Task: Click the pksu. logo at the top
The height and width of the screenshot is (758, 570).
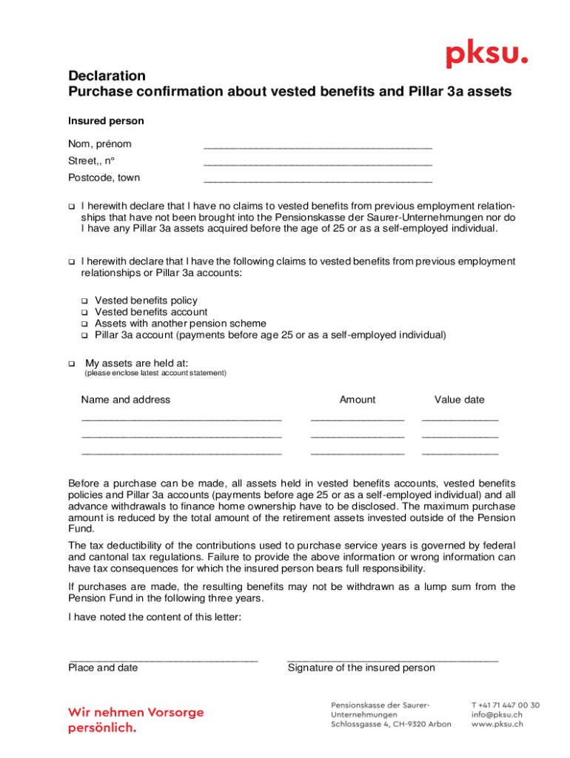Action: coord(486,56)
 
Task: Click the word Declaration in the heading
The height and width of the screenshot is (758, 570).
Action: coord(107,76)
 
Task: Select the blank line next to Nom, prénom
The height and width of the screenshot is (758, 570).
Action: coord(318,148)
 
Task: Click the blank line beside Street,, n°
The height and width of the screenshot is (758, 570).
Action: coord(318,164)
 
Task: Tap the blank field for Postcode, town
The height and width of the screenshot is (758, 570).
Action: coord(318,181)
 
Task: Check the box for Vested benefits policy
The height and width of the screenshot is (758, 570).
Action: coord(84,301)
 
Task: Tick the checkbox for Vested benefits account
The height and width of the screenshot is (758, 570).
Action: coord(84,312)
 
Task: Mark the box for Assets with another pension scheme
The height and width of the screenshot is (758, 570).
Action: coord(84,324)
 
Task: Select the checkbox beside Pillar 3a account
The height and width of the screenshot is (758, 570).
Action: coord(84,335)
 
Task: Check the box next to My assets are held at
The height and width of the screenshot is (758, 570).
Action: coord(72,363)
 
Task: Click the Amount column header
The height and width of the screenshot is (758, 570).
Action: coord(357,400)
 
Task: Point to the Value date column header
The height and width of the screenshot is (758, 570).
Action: coord(459,400)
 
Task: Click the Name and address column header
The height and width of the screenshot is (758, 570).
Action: coord(125,400)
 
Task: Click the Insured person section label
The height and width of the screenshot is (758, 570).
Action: coord(106,121)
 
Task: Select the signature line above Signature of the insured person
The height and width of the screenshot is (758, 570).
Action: coord(392,659)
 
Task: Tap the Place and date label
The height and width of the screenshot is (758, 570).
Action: coord(103,668)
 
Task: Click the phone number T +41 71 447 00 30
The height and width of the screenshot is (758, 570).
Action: coord(505,705)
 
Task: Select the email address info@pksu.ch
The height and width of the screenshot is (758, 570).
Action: coord(497,715)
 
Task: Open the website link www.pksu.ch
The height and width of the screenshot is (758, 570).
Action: coord(497,725)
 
